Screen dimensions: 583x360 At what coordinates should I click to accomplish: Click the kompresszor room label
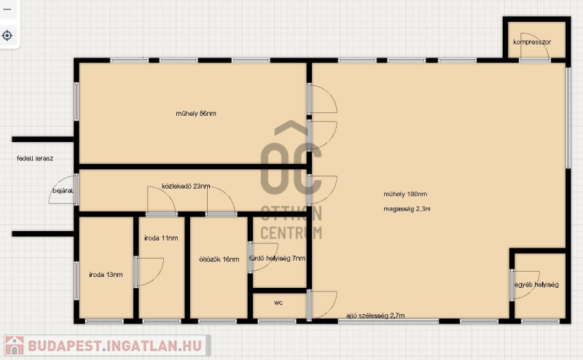[532, 42]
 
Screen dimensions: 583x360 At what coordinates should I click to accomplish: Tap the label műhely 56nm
[196, 114]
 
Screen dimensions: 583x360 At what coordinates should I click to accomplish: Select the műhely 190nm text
[405, 194]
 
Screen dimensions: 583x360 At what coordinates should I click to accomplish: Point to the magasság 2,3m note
[407, 209]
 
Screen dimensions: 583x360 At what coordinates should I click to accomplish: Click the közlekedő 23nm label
[186, 186]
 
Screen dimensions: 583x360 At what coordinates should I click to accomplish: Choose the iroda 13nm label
[106, 275]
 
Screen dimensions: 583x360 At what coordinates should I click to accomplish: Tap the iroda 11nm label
[161, 238]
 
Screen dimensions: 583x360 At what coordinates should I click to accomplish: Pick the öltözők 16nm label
[219, 259]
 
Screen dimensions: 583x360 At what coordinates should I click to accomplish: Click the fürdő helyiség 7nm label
[277, 258]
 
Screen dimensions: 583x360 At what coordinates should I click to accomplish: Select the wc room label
[278, 302]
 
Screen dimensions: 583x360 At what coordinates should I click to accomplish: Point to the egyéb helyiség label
[536, 284]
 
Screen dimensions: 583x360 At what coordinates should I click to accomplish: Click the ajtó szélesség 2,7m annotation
[375, 316]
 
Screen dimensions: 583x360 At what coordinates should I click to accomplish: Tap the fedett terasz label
[35, 158]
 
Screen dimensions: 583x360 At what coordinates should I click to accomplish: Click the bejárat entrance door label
[63, 191]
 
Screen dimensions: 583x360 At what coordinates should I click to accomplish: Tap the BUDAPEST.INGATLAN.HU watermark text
[115, 346]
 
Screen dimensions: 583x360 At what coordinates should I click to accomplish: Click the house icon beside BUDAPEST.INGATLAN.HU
[15, 345]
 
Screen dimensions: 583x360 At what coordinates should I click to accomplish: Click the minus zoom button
[7, 9]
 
